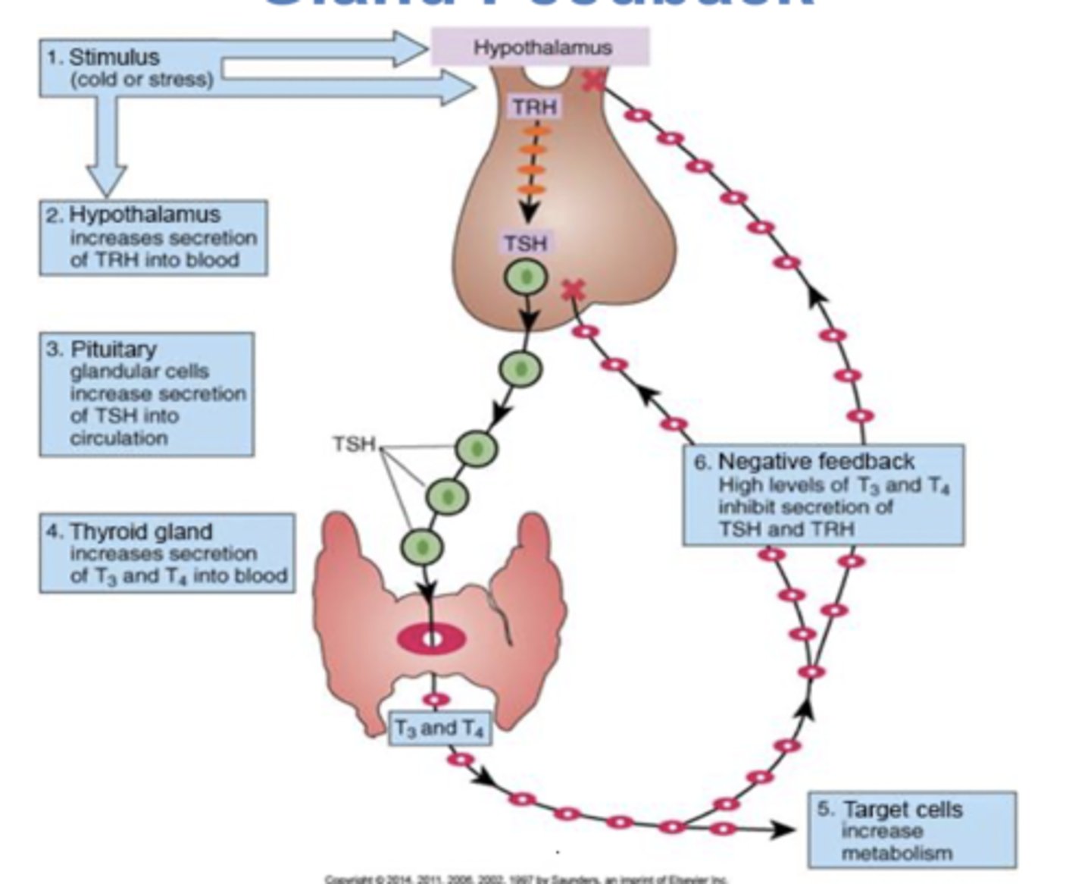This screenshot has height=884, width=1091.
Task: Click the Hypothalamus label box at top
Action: tap(540, 47)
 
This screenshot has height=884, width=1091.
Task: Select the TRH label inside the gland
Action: tap(534, 107)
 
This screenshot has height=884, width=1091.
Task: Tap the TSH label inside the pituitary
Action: tap(525, 243)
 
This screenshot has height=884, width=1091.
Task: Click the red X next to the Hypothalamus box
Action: tap(593, 80)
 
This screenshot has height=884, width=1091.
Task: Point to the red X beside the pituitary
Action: tap(574, 290)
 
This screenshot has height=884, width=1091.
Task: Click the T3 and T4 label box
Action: tap(439, 728)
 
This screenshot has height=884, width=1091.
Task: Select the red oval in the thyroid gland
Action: tap(431, 639)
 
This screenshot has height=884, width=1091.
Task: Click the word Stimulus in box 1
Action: tap(114, 58)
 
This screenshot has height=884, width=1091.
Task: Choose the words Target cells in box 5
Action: tap(902, 809)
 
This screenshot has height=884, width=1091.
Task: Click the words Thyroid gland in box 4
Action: tap(141, 531)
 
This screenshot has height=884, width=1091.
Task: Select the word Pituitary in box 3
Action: tap(114, 349)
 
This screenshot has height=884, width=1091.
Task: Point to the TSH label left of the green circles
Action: tap(354, 444)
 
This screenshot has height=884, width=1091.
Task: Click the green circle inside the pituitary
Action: tap(526, 276)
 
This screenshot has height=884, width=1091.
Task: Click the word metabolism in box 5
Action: tap(896, 853)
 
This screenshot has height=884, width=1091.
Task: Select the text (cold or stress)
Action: tap(142, 80)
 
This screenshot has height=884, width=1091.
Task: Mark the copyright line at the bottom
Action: tap(526, 879)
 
